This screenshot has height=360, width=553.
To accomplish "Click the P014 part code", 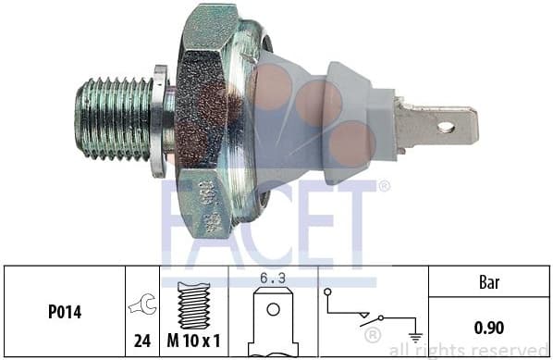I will [x=63, y=313].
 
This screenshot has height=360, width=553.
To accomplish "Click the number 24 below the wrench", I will [x=142, y=341].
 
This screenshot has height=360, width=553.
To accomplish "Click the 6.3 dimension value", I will [x=271, y=276].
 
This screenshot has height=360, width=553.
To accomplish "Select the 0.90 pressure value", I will [x=490, y=326].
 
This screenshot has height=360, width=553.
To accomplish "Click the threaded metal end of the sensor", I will [x=113, y=118].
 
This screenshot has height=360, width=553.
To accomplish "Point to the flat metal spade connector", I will [x=435, y=127].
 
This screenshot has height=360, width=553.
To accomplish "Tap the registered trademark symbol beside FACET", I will [x=383, y=186].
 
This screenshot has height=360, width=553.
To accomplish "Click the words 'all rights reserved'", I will [x=470, y=350].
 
